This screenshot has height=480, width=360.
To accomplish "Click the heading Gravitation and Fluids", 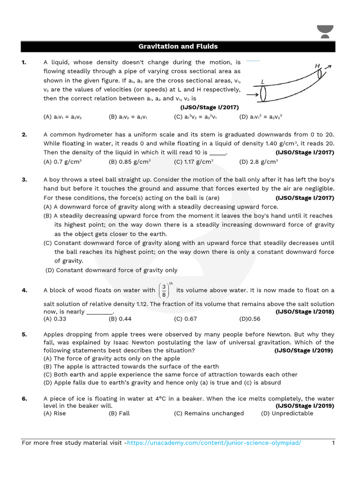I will tap(178, 46).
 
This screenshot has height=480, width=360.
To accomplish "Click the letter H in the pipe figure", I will tap(317, 67).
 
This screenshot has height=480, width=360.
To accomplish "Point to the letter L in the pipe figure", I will tap(262, 82).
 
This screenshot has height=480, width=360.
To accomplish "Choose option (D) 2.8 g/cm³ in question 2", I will tap(258, 162).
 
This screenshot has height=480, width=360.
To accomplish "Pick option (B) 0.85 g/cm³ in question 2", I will tap(129, 162).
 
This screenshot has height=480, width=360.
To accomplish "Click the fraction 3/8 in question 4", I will tap(164, 291).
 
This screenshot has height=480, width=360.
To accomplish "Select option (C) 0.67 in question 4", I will tap(185, 319).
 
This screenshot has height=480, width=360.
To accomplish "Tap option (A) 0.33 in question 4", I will tap(55, 319).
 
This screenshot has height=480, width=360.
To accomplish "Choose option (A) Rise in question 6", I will tap(55, 413).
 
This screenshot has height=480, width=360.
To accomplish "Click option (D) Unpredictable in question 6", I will tap(287, 413).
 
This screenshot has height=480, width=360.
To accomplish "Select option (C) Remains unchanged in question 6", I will tap(209, 413).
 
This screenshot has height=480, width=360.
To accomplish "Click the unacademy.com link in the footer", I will tap(214, 443).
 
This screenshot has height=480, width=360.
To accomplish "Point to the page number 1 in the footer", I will tap(333, 443).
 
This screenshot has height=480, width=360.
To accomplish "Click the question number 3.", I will tap(24, 180).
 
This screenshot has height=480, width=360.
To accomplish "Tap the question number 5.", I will tap(24, 334).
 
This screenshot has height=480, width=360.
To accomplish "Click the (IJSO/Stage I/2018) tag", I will tap(305, 312).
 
